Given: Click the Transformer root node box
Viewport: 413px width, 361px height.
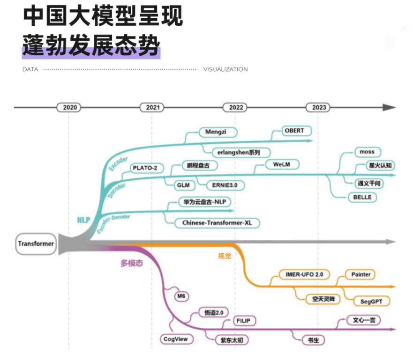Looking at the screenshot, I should [36, 243].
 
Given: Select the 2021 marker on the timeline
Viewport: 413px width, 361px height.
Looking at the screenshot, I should [152, 107].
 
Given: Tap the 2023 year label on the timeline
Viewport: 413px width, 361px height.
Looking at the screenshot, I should [319, 107].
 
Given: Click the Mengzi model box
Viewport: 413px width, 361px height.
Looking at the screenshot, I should [216, 132].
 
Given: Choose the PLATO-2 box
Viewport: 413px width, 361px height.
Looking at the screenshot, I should [144, 167].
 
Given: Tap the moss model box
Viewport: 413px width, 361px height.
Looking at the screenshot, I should [367, 152].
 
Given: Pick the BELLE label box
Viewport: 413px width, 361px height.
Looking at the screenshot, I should [362, 197].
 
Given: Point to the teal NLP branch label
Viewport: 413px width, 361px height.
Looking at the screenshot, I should [84, 220].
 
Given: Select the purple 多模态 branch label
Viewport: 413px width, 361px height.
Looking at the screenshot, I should [132, 263].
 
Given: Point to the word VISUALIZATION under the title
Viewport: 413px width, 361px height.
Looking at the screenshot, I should [225, 69].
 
